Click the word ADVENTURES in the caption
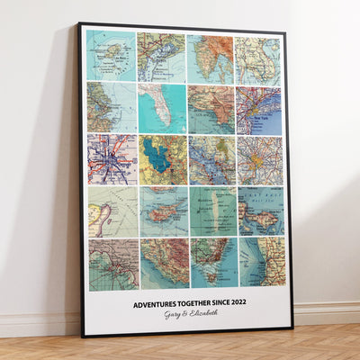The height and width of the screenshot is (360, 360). [x=156, y=303]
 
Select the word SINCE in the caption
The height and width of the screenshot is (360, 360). [x=228, y=303]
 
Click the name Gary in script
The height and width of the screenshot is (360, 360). [x=173, y=314]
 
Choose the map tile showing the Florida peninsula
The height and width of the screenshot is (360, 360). [x=162, y=108]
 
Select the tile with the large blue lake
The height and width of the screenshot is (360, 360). [x=163, y=159]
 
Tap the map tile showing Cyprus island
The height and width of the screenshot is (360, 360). [x=163, y=211]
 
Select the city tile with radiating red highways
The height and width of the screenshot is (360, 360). [x=112, y=159]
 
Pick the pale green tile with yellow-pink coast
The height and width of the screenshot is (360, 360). [x=112, y=211]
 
